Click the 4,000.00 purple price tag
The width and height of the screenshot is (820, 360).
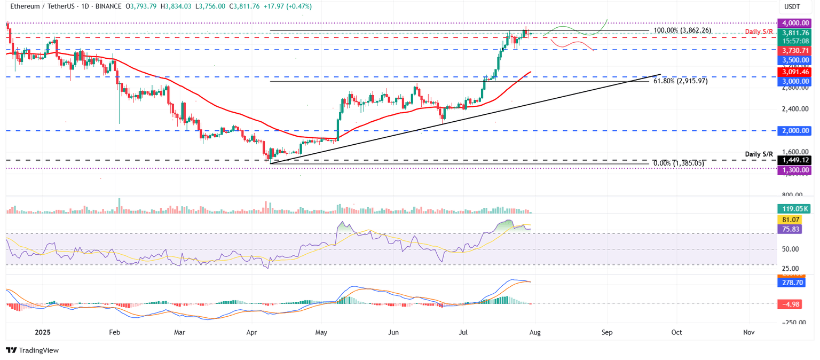(x=796, y=23)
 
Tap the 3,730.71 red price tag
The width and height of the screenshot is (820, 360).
(x=796, y=50)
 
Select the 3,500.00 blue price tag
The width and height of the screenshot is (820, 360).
(x=796, y=60)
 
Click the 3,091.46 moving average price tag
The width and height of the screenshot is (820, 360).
(x=796, y=71)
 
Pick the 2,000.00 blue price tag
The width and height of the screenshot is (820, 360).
(x=796, y=130)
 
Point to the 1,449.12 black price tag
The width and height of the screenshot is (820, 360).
(x=796, y=160)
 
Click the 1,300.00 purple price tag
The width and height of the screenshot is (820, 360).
(x=796, y=170)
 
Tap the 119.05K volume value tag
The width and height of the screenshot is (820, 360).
(x=796, y=209)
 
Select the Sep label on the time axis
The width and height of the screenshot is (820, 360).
(x=607, y=332)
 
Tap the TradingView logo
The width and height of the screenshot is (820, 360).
(x=33, y=350)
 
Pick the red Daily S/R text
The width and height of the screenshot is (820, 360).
(x=759, y=32)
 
